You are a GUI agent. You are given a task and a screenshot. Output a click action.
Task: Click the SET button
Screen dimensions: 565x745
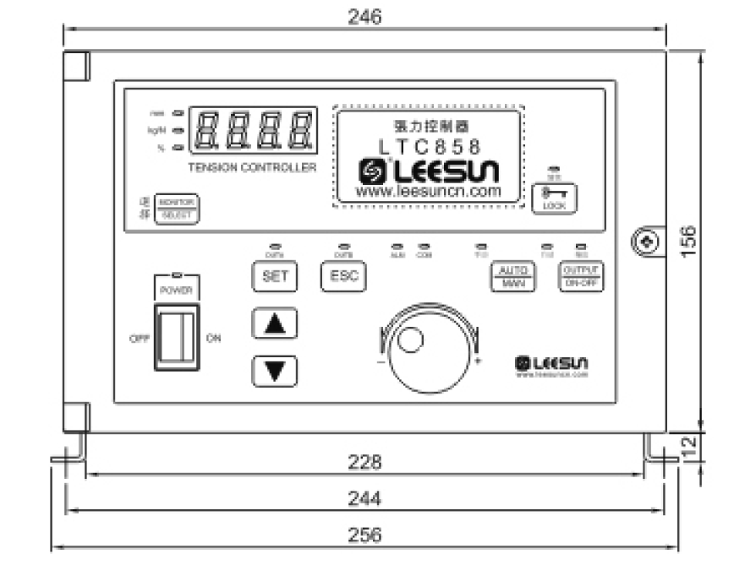(275, 276)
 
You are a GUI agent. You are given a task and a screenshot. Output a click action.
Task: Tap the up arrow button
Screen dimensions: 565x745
(275, 324)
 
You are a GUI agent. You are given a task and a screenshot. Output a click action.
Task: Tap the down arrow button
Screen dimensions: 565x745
(275, 371)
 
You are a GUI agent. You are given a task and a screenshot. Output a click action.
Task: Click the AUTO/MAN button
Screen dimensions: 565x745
(512, 276)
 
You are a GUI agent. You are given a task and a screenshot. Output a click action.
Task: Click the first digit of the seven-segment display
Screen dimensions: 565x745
(207, 130)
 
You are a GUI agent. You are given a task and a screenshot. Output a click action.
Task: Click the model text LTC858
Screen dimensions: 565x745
(430, 145)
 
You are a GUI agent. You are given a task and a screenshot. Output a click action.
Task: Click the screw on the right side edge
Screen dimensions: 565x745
(646, 242)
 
